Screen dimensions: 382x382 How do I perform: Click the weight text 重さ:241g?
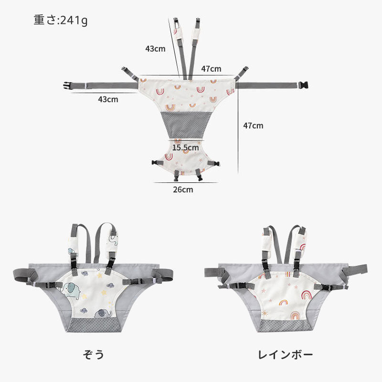pos(61,20)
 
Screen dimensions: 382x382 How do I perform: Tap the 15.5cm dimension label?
pos(185,148)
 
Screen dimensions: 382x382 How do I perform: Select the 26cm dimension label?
pos(183,190)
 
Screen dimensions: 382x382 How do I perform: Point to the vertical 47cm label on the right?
pos(253,126)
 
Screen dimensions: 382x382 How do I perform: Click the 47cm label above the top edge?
pos(211,69)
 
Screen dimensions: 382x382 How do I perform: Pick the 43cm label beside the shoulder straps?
pos(155,49)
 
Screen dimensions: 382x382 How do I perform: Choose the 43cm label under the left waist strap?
pos(108,99)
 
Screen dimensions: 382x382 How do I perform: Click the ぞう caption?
pos(94,354)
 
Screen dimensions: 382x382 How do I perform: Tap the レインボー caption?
pos(285,355)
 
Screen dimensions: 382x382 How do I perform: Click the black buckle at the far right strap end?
pos(303,85)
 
